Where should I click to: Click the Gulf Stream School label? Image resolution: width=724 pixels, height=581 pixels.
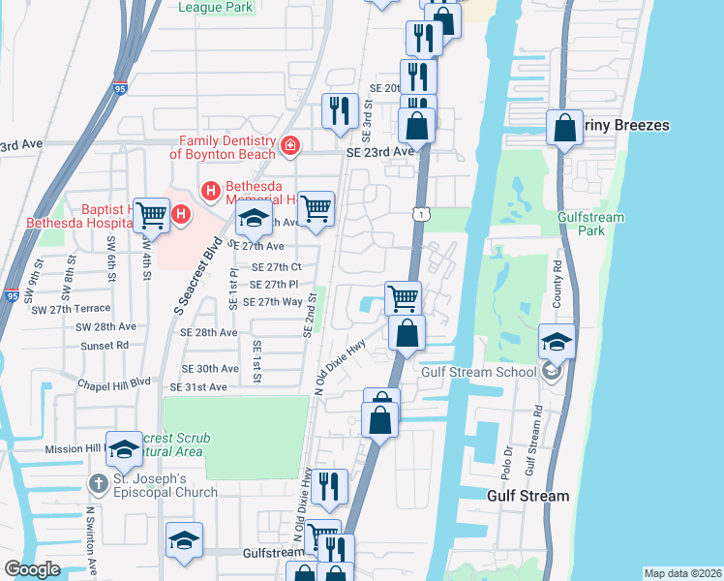pyautogui.click(x=478, y=372)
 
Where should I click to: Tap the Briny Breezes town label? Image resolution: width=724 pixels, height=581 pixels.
pyautogui.click(x=625, y=126)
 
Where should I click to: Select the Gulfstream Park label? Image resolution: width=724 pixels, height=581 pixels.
pyautogui.click(x=590, y=225)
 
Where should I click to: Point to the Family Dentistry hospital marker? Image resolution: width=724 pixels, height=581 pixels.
pyautogui.click(x=289, y=146)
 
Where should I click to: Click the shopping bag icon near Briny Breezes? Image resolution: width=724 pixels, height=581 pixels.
pyautogui.click(x=564, y=127)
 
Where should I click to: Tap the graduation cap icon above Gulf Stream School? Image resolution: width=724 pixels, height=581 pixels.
pyautogui.click(x=558, y=341)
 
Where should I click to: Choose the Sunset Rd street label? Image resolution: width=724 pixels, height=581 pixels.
pyautogui.click(x=106, y=345)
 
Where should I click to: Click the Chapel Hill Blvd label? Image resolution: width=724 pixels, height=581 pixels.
pyautogui.click(x=114, y=382)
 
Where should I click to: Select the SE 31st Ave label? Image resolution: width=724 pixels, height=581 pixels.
pyautogui.click(x=197, y=387)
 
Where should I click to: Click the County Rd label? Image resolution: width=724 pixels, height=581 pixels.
pyautogui.click(x=558, y=284)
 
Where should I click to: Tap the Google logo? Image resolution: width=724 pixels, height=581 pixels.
pyautogui.click(x=32, y=569)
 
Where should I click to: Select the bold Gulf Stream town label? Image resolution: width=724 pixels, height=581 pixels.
pyautogui.click(x=527, y=496)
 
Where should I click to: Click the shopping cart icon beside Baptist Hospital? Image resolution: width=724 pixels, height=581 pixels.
pyautogui.click(x=151, y=213)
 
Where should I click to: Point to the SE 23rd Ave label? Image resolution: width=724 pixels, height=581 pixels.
pyautogui.click(x=380, y=152)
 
